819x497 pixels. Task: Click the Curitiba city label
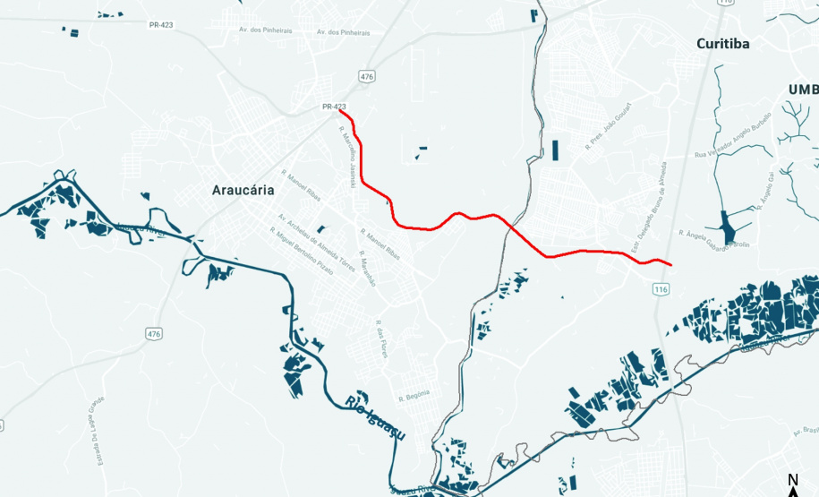coord(723,44)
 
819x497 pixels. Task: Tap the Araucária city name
coord(243,190)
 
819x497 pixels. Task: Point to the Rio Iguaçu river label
coord(374,418)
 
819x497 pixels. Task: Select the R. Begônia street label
coord(414,393)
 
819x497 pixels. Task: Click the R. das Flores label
coord(382,339)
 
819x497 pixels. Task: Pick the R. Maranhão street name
coord(370,269)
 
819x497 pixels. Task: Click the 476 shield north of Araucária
coord(366,77)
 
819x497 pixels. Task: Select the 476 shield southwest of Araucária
coord(155,334)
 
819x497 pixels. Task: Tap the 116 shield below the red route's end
coord(661,289)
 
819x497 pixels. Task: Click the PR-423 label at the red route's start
coord(333,107)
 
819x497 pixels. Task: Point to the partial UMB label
coord(803,90)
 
